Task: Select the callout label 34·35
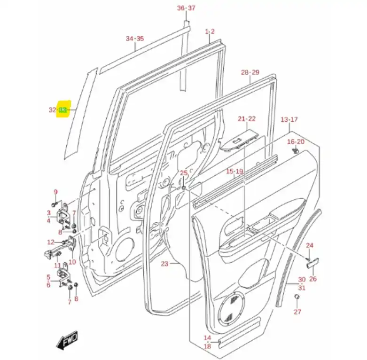pos(135,39)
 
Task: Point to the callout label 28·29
pos(250,72)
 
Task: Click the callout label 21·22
pos(246,119)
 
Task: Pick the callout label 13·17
pos(289,119)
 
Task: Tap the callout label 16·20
pos(296,141)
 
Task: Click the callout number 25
pos(184,173)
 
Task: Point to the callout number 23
pos(164,264)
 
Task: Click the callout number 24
pos(309,245)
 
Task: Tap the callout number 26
pos(313,279)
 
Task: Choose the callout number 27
pos(297,312)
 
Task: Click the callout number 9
pos(55,192)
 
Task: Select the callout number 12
pos(51,242)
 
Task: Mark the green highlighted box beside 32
pos(63,110)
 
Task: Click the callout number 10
pos(72,262)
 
